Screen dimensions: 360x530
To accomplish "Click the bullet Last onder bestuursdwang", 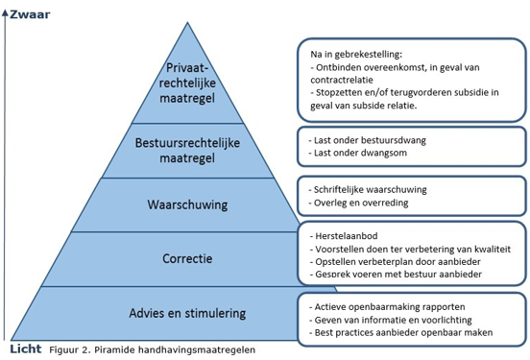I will pos(370,141).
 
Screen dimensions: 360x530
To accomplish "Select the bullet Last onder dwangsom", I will pos(360,155).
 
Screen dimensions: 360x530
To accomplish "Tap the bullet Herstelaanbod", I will pos(346,234).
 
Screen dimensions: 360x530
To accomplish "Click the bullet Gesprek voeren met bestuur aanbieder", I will pos(397,276).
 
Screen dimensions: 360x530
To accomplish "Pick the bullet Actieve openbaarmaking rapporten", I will pos(386,305).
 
